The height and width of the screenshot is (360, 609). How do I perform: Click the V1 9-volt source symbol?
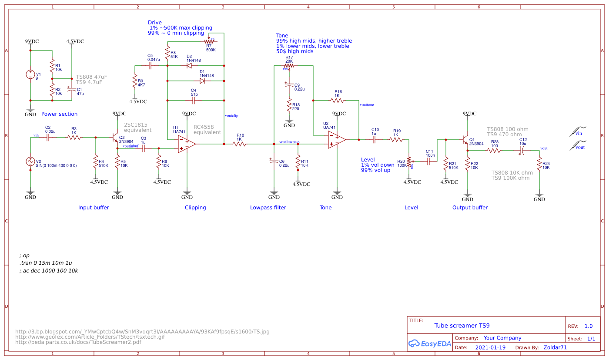(30, 74)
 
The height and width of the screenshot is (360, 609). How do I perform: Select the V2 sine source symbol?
(30, 161)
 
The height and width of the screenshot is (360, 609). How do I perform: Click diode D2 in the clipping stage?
(189, 66)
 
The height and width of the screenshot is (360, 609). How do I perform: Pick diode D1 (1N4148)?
(202, 81)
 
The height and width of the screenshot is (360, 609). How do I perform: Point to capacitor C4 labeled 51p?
(194, 100)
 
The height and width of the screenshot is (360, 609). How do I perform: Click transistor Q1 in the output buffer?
(465, 141)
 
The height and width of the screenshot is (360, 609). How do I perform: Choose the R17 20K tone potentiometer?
(289, 66)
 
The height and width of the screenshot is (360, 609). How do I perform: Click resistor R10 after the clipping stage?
(239, 144)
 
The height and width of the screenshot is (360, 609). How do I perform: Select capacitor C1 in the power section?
(72, 89)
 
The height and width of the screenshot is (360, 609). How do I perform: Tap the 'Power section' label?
(59, 114)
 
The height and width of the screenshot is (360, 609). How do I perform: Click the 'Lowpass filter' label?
(268, 208)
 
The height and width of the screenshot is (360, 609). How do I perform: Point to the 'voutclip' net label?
(231, 116)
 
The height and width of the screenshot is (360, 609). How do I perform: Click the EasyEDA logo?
(429, 343)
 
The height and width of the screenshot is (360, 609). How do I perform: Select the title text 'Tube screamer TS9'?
(462, 326)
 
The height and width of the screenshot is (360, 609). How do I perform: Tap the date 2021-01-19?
(490, 348)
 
